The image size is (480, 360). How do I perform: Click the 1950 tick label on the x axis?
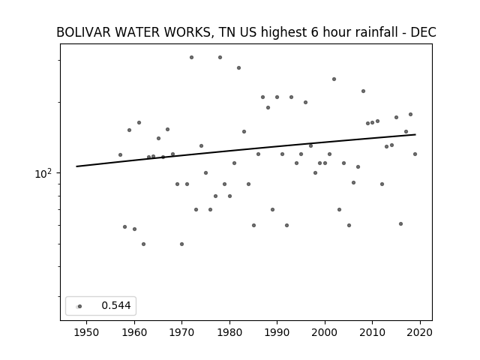pyautogui.click(x=86, y=332)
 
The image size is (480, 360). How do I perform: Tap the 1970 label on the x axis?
pyautogui.click(x=181, y=332)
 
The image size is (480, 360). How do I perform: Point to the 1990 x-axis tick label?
pyautogui.click(x=277, y=332)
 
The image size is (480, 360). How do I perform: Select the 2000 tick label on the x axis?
pyautogui.click(x=325, y=332)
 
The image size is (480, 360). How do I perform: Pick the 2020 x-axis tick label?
pyautogui.click(x=420, y=332)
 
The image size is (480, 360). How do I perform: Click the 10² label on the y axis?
pyautogui.click(x=43, y=173)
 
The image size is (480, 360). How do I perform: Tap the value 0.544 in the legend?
pyautogui.click(x=116, y=305)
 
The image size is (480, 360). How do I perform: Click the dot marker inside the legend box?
pyautogui.click(x=79, y=306)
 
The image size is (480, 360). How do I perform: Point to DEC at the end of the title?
pyautogui.click(x=423, y=32)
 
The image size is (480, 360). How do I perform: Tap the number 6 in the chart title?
pyautogui.click(x=315, y=32)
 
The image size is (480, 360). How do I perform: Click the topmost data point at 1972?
pyautogui.click(x=191, y=57)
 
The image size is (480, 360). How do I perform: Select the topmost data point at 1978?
pyautogui.click(x=220, y=57)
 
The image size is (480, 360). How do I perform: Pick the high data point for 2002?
pyautogui.click(x=334, y=79)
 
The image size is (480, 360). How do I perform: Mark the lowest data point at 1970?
pyautogui.click(x=181, y=244)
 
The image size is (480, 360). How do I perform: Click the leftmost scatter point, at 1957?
pyautogui.click(x=120, y=155)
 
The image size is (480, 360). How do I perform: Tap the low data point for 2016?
pyautogui.click(x=400, y=223)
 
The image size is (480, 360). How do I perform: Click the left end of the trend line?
pyautogui.click(x=76, y=166)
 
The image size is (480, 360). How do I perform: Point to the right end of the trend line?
pyautogui.click(x=415, y=134)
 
